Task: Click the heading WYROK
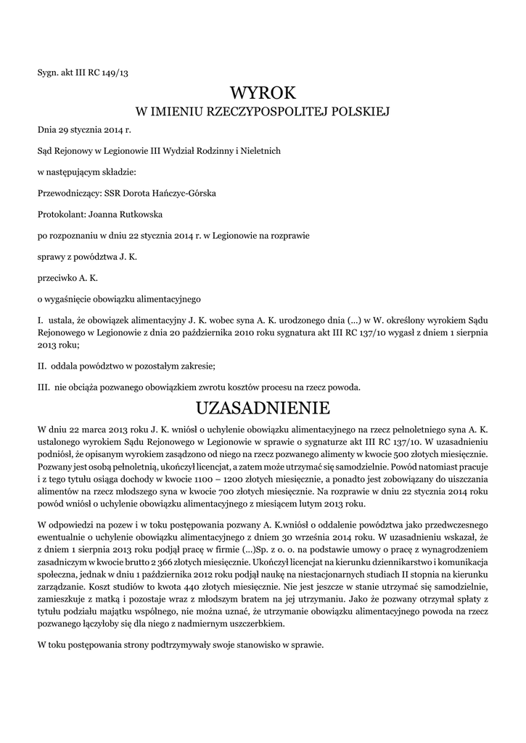point(263,93)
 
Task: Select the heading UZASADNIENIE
point(263,405)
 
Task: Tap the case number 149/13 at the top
point(115,72)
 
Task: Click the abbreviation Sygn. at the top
point(49,72)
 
